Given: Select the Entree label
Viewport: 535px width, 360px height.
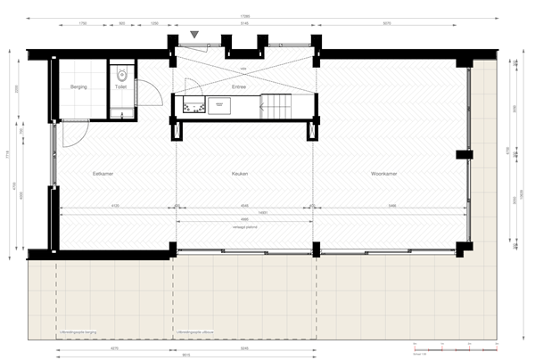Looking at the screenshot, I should [239, 87].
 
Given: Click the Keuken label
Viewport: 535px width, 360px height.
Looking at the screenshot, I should [239, 174].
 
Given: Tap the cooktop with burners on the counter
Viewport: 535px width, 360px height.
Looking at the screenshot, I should [191, 106].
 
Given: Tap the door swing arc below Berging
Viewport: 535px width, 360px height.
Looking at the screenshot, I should [74, 134].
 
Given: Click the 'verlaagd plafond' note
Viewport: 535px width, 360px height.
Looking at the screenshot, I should [245, 228].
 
